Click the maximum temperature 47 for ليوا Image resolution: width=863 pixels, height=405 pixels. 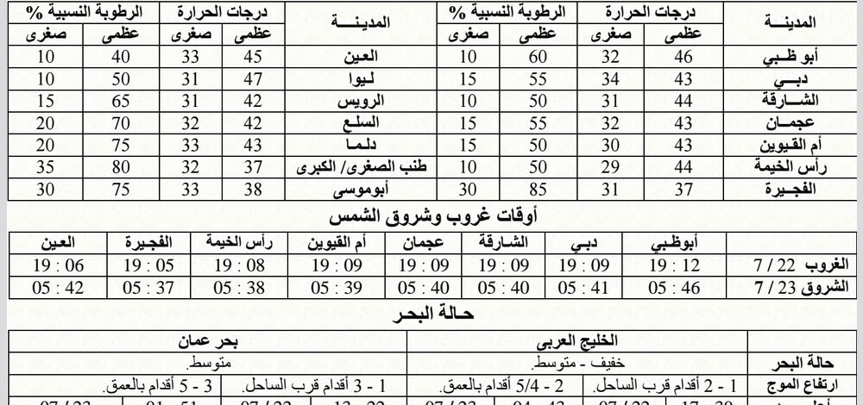pyautogui.click(x=253, y=80)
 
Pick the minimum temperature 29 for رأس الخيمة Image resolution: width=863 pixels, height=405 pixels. pyautogui.click(x=610, y=167)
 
